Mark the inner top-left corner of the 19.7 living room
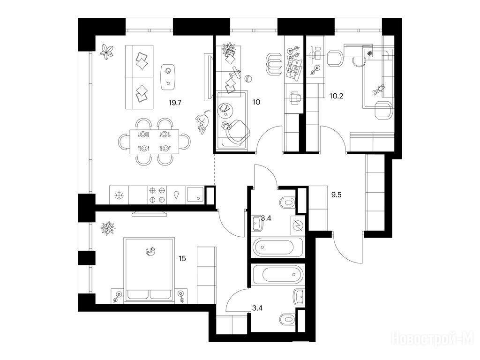pos(96,36)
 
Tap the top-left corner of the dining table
pos(130,129)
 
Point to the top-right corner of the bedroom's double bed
pos(174,237)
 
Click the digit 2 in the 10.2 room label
pos(341,96)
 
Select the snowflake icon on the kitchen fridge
pos(119,195)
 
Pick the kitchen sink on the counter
pos(195,195)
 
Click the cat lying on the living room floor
pos(203,122)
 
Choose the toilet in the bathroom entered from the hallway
pos(287,202)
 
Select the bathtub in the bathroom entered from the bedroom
pos(278,273)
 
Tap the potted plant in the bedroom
pos(107,228)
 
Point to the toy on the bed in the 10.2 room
pos(378,90)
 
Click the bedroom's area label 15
pos(182,259)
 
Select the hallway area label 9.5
pos(336,195)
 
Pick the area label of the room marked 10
pos(256,102)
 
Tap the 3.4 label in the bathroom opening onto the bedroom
pos(257,308)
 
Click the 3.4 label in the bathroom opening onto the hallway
pos(266,218)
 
